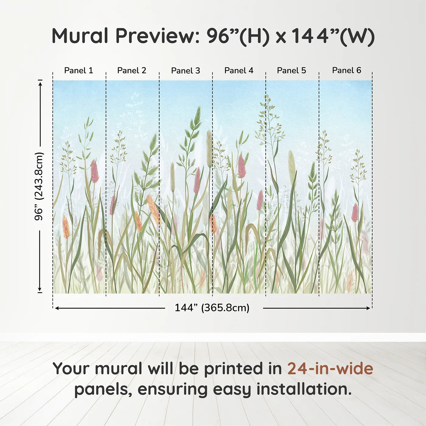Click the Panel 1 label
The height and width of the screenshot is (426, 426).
[79, 70]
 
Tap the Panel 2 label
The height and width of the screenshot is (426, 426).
[131, 70]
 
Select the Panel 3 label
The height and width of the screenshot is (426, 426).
[186, 71]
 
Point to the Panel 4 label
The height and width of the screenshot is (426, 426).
[239, 70]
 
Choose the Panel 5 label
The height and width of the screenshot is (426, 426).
[292, 70]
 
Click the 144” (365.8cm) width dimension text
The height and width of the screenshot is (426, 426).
[212, 308]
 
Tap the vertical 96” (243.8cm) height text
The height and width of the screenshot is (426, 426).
[39, 186]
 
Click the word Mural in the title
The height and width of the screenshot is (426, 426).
[80, 36]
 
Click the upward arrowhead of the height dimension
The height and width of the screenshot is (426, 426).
[40, 84]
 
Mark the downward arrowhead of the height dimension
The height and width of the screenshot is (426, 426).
[40, 289]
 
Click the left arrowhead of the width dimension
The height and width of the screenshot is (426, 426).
[57, 308]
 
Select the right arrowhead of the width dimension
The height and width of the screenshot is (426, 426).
[368, 308]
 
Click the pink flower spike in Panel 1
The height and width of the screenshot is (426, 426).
[94, 171]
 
